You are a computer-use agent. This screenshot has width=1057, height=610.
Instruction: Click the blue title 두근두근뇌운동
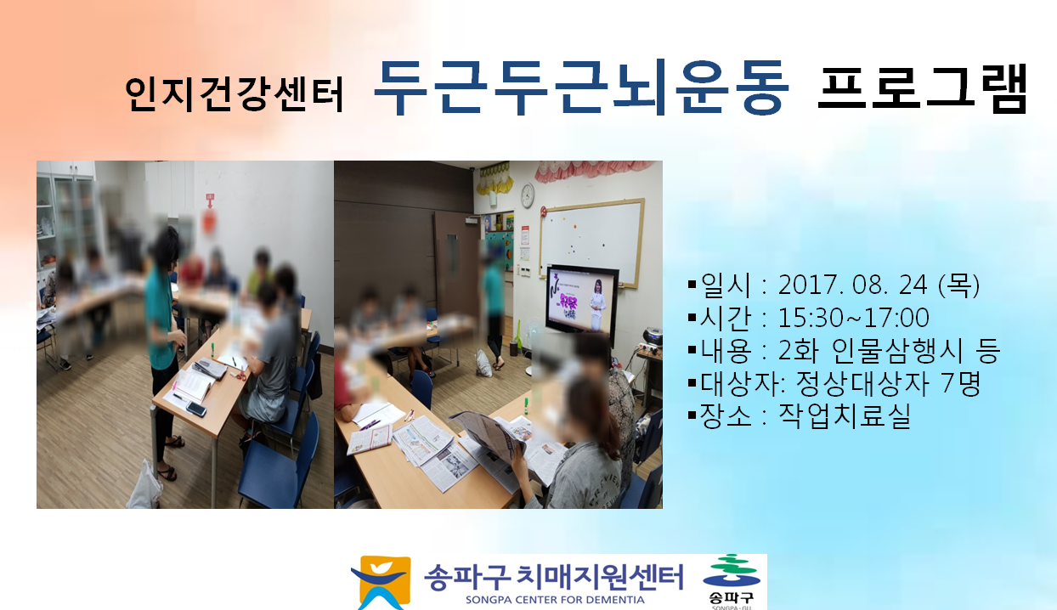(581, 88)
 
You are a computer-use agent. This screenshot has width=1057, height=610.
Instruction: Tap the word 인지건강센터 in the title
(235, 93)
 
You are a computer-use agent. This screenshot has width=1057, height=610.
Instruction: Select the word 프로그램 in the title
(922, 89)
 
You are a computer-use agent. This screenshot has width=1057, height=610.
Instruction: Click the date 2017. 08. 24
(852, 285)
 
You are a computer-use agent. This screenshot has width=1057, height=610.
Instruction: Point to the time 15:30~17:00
(853, 318)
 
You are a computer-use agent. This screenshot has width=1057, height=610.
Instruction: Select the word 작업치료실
(844, 415)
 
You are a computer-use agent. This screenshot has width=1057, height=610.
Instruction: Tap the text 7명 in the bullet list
(961, 382)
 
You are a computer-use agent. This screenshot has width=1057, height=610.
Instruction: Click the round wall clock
(527, 195)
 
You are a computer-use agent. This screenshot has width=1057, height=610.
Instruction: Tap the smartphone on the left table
(196, 409)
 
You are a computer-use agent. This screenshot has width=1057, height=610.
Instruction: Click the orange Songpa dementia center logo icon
(381, 582)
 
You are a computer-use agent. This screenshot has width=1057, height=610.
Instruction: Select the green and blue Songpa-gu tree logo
(731, 571)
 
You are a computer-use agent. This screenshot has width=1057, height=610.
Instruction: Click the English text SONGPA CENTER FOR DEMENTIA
(555, 600)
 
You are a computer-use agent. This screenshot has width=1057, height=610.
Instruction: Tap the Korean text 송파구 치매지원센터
(553, 577)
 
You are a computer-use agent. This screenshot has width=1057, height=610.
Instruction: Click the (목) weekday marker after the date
(958, 285)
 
